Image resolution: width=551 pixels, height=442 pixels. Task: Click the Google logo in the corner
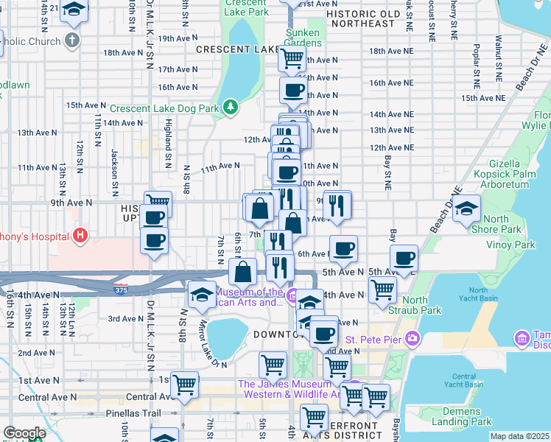tap(24, 433)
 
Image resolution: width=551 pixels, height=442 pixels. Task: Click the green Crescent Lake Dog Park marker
tap(231, 108)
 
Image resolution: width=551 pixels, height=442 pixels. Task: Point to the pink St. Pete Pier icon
tap(412, 340)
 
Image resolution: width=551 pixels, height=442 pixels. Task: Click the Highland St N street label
tap(168, 141)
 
